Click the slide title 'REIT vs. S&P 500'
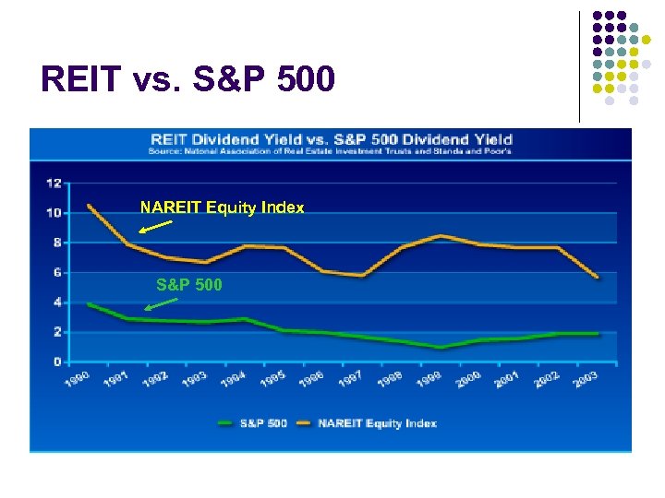pos(187,80)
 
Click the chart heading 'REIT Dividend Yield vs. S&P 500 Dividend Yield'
pos(332,140)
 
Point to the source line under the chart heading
pos(332,151)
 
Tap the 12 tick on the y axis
pos(54,184)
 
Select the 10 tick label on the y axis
pos(54,213)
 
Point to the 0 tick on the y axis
pos(57,362)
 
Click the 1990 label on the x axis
pos(77,379)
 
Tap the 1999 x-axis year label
pos(428,379)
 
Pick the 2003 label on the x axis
pos(584,379)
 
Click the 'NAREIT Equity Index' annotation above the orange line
pos(222,208)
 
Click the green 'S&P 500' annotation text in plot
pos(188,285)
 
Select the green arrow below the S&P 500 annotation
pos(162,302)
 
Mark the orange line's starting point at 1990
pos(89,205)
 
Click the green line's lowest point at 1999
pos(441,348)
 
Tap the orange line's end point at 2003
pos(598,277)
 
